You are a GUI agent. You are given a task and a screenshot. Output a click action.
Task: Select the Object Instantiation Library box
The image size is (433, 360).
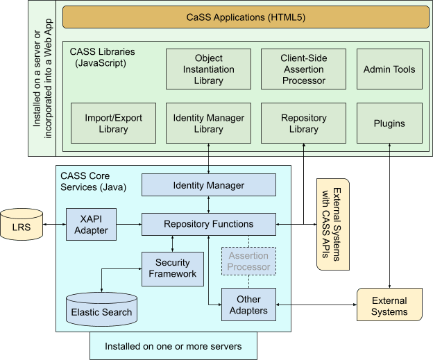click(208, 69)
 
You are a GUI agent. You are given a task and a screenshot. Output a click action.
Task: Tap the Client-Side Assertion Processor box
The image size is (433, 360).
click(304, 69)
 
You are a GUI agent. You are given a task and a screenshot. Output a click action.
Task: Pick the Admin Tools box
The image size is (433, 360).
click(389, 69)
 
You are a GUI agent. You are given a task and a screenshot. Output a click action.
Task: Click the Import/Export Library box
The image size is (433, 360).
click(113, 123)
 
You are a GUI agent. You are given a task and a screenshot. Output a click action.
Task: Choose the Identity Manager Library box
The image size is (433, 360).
click(208, 123)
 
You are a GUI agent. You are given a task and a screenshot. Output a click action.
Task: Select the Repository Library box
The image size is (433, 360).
click(304, 123)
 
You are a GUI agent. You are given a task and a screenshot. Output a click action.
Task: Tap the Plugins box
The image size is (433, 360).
click(389, 123)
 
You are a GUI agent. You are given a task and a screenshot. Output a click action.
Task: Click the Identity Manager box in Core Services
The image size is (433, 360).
click(209, 185)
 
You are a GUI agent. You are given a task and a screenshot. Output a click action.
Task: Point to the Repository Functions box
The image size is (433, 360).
click(209, 224)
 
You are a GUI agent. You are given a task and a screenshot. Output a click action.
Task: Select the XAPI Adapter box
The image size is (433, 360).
click(91, 224)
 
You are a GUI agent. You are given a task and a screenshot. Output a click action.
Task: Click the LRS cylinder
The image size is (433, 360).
click(22, 225)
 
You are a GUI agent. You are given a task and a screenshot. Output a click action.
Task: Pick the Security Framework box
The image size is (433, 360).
click(173, 268)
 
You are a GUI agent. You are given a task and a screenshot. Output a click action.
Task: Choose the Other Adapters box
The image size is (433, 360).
click(248, 305)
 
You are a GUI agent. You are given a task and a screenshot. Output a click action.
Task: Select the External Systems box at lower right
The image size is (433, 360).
click(389, 306)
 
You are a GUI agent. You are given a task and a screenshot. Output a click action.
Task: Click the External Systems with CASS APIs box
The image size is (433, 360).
click(332, 223)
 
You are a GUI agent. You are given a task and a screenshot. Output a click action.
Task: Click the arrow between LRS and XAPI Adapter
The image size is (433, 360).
click(54, 224)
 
